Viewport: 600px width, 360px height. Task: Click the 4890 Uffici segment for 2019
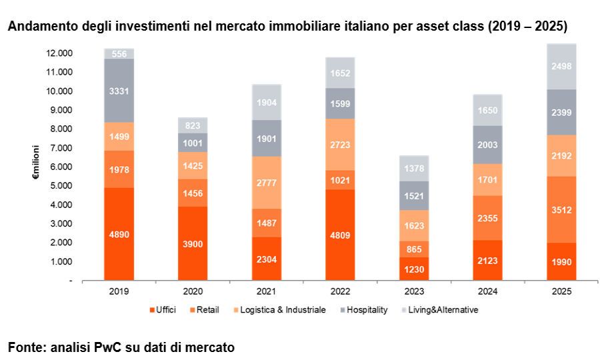point(119,234)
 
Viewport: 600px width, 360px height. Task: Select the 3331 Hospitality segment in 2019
point(119,91)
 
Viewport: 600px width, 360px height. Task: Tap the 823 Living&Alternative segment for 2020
point(193,125)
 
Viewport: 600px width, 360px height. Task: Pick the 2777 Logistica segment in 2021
point(267,183)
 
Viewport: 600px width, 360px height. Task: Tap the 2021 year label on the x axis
point(267,291)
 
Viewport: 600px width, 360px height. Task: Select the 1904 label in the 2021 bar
point(267,103)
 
